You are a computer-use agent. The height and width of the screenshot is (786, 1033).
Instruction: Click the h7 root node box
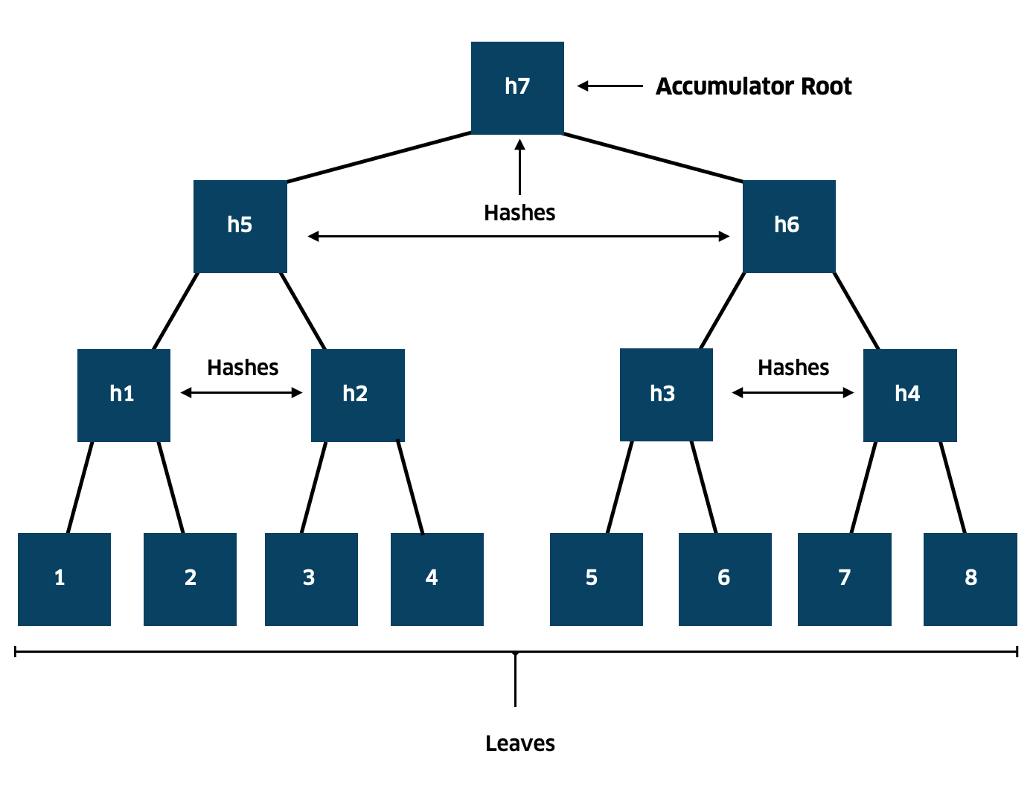tap(517, 88)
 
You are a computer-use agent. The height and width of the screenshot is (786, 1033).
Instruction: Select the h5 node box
tap(240, 226)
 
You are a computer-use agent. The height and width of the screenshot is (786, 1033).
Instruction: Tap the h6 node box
tap(789, 226)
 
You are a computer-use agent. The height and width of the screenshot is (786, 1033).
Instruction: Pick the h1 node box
tap(124, 395)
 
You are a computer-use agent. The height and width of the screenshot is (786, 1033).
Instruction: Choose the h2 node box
tap(358, 395)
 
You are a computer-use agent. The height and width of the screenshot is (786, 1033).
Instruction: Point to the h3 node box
tap(666, 395)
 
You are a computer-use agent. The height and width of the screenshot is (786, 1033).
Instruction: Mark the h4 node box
tap(909, 395)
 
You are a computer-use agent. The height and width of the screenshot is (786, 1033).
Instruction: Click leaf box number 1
tap(64, 579)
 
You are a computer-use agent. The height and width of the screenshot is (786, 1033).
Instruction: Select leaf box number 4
tap(437, 579)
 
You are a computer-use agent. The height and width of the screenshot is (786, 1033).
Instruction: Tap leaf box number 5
tap(596, 579)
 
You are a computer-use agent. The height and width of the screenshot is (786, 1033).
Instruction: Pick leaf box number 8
tap(970, 579)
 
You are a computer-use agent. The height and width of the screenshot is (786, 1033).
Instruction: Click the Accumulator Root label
tap(753, 86)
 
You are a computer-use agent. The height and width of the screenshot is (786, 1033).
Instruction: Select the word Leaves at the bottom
tap(520, 744)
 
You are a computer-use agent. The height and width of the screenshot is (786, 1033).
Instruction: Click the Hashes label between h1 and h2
tap(243, 368)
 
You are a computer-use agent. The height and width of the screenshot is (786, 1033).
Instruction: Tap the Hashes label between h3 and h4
tap(793, 368)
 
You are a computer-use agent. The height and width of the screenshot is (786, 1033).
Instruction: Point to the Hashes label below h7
tap(519, 213)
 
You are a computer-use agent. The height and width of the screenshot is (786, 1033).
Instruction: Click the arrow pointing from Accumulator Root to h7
tap(610, 86)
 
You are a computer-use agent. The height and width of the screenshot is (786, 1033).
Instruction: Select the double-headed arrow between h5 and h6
tap(519, 236)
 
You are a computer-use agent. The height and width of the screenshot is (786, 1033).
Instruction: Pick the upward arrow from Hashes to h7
tap(519, 167)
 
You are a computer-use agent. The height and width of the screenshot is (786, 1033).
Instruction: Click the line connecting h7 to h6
tap(653, 158)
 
